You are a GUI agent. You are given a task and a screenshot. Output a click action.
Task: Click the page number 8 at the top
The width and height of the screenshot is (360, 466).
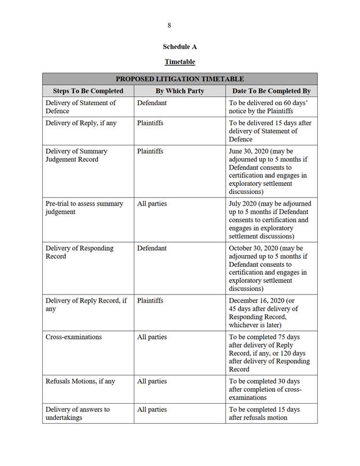[169, 25]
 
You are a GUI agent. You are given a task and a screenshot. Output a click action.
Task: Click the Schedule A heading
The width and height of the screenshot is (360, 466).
[179, 47]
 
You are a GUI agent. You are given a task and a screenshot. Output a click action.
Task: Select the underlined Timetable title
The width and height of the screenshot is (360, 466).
[179, 62]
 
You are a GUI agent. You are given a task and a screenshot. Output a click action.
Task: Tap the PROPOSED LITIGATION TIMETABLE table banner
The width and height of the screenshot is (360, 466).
[179, 79]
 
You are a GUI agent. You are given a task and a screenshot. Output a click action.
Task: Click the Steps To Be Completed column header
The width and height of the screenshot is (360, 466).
[88, 91]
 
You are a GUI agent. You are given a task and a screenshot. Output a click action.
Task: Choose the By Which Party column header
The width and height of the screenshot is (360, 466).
[179, 91]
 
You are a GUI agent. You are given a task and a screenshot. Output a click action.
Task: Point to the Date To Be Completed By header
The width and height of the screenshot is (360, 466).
[271, 91]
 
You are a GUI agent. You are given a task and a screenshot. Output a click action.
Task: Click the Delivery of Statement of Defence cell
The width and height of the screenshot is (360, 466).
[80, 107]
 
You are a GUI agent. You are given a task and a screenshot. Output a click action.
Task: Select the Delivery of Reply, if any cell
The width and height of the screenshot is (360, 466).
[80, 123]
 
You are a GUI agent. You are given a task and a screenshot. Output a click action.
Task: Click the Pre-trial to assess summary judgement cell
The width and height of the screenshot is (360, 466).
[84, 208]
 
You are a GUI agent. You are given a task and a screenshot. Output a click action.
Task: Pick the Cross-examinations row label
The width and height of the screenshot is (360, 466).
[73, 337]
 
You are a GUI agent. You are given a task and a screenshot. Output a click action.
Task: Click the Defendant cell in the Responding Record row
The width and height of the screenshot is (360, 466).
[152, 248]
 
